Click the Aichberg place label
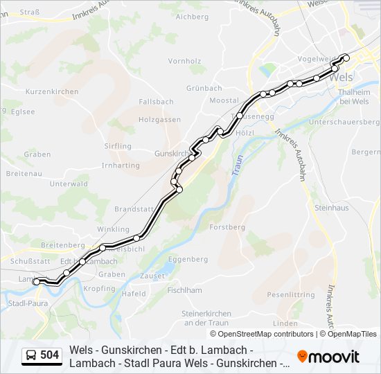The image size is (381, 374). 192,16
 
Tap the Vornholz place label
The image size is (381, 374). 184,61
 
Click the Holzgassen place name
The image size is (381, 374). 159,120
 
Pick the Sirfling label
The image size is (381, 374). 117,146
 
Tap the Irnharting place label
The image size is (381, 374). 120,166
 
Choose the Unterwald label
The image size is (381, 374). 69,184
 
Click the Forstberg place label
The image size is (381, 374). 227,227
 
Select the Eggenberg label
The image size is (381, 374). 188,259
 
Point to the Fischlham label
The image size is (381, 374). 184,291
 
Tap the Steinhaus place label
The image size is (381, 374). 331,208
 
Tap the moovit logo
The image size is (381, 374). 328,357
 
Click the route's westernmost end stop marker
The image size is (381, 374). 36,281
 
